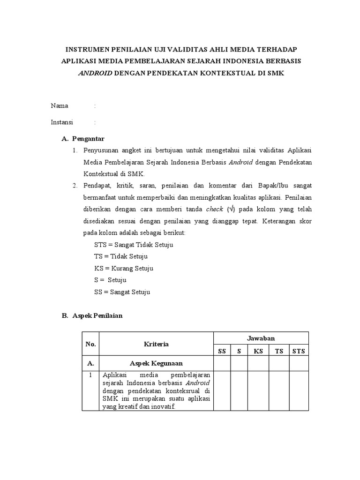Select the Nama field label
tap(60, 105)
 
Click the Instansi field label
tap(62, 122)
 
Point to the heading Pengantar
tap(88, 139)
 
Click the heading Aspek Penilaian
tap(97, 315)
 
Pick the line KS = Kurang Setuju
tap(124, 269)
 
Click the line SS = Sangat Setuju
tap(122, 292)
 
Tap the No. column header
tap(90, 344)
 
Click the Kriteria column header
tap(156, 344)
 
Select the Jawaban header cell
tap(261, 338)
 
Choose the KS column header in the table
tap(258, 351)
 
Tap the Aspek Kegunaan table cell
tap(156, 363)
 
